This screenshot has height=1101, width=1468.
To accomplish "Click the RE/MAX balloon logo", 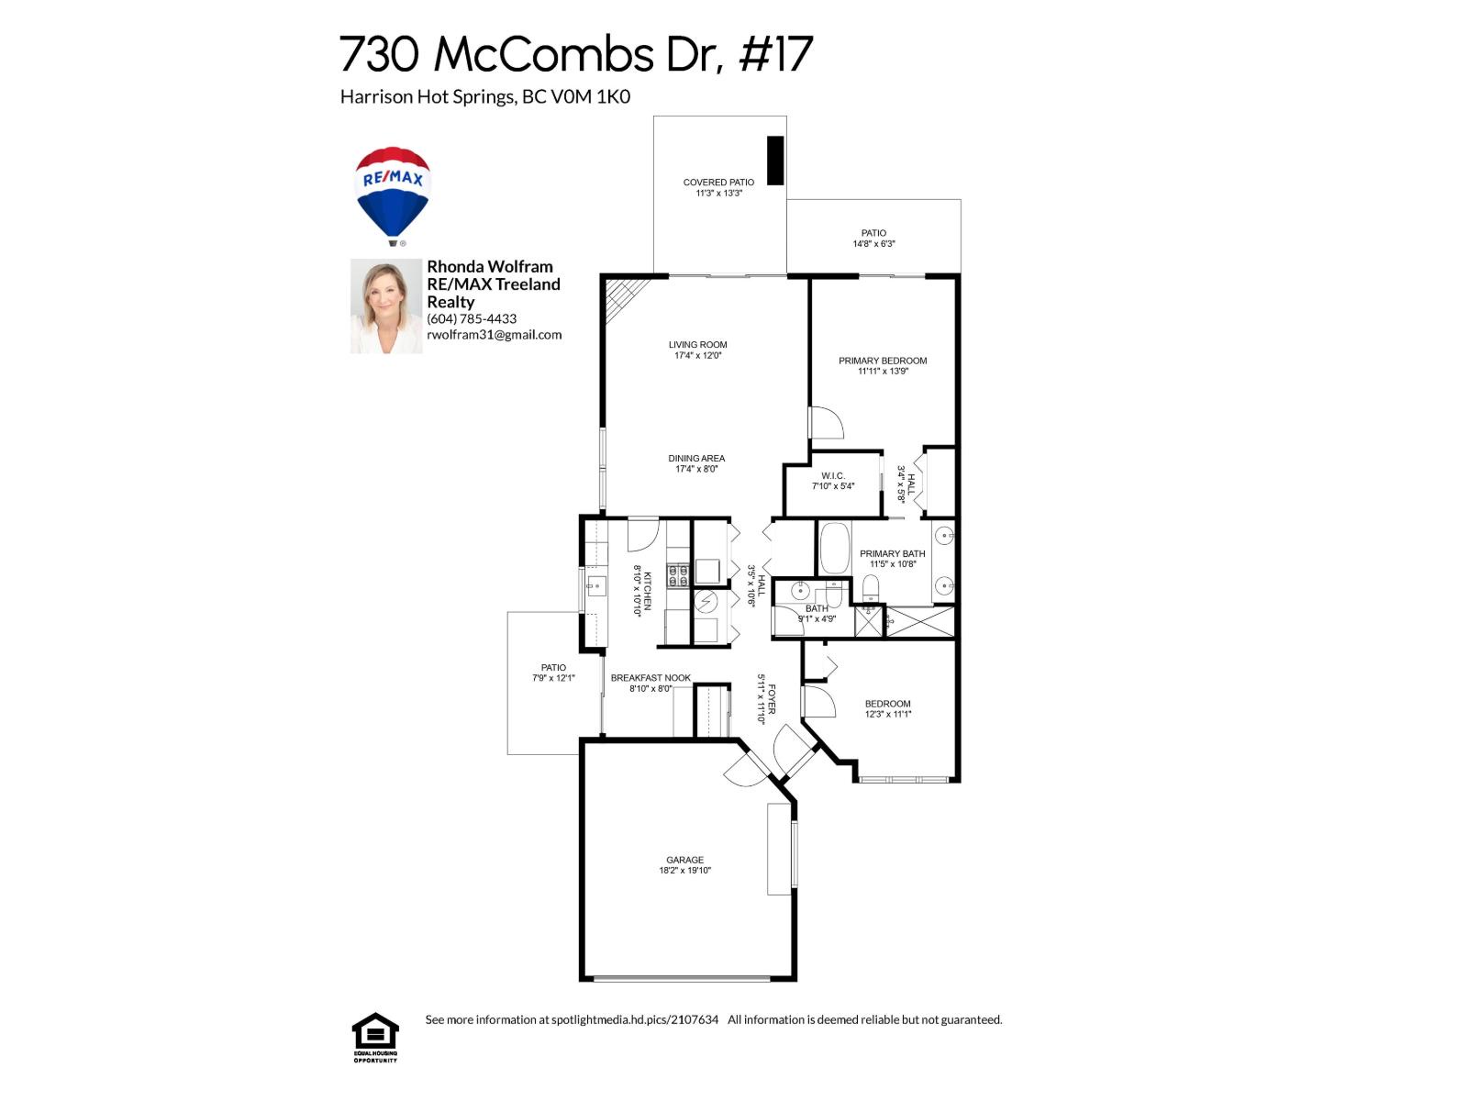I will (393, 195).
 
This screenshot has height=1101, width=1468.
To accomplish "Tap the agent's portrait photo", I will (386, 306).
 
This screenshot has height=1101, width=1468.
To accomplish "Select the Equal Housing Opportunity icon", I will (375, 1036).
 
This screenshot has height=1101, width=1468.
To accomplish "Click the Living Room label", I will (697, 345).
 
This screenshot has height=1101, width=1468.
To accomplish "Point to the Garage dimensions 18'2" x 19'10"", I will (684, 871).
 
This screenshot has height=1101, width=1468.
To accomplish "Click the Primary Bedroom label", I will (883, 361).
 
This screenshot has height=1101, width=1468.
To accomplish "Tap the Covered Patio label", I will (718, 183).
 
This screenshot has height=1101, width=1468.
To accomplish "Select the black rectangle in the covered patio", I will (775, 161).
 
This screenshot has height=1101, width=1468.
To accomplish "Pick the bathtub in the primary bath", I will (835, 548).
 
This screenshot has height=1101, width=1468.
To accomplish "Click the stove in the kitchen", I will (678, 575).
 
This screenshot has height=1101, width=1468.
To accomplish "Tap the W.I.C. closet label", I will (833, 475).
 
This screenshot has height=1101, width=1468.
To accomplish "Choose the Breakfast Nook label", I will (651, 678).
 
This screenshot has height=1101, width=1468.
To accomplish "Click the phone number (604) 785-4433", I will (472, 318).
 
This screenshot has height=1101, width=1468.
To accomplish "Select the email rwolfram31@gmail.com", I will (494, 335).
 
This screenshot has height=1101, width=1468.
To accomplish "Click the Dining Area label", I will (696, 458).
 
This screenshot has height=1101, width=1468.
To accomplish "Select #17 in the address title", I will (775, 54).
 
